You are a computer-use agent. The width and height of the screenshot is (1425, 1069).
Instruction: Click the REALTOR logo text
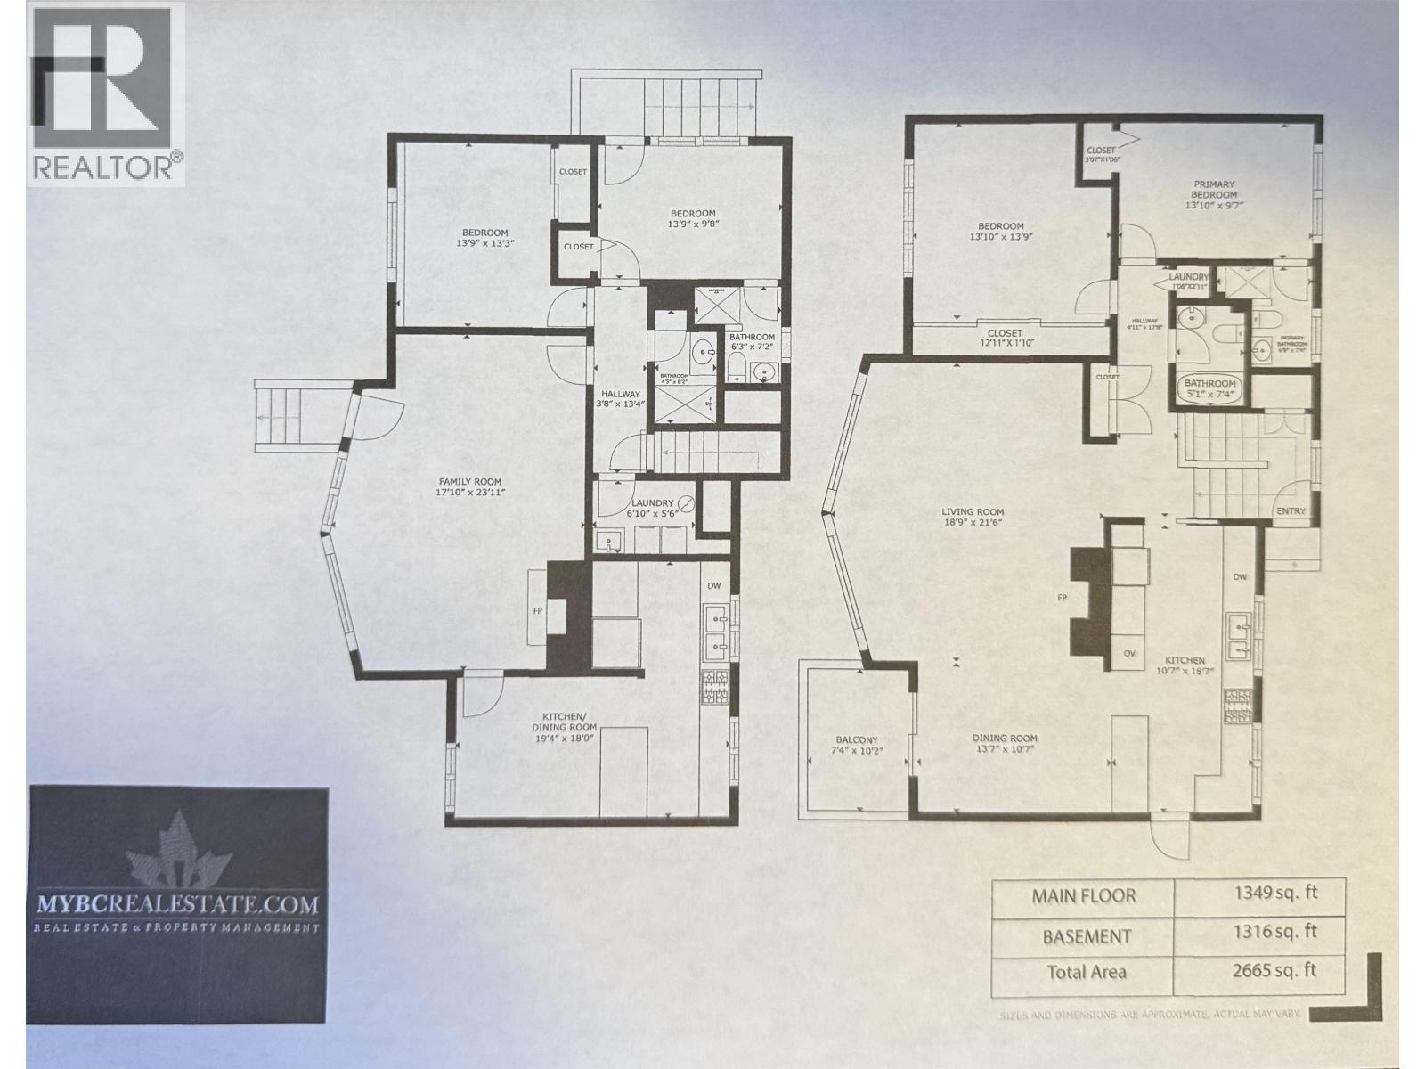pyautogui.click(x=102, y=167)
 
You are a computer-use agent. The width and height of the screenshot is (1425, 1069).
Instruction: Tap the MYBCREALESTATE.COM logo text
pyautogui.click(x=177, y=904)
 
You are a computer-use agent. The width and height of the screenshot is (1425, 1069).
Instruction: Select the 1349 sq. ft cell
pyautogui.click(x=1259, y=895)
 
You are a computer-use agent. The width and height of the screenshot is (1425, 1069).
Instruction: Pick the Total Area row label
pyautogui.click(x=1084, y=972)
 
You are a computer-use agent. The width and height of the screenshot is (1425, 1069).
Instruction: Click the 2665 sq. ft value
pyautogui.click(x=1259, y=970)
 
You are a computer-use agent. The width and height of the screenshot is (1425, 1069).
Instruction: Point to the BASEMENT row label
pyautogui.click(x=1084, y=936)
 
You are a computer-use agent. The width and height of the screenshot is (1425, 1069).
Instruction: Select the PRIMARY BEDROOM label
pyautogui.click(x=1215, y=189)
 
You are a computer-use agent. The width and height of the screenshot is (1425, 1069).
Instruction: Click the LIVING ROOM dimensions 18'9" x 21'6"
pyautogui.click(x=973, y=524)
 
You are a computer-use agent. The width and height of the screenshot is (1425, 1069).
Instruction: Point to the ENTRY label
pyautogui.click(x=1291, y=510)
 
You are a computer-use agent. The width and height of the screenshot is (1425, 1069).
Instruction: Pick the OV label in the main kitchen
pyautogui.click(x=1129, y=653)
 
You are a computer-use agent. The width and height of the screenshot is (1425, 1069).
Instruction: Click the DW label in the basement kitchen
pyautogui.click(x=713, y=586)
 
